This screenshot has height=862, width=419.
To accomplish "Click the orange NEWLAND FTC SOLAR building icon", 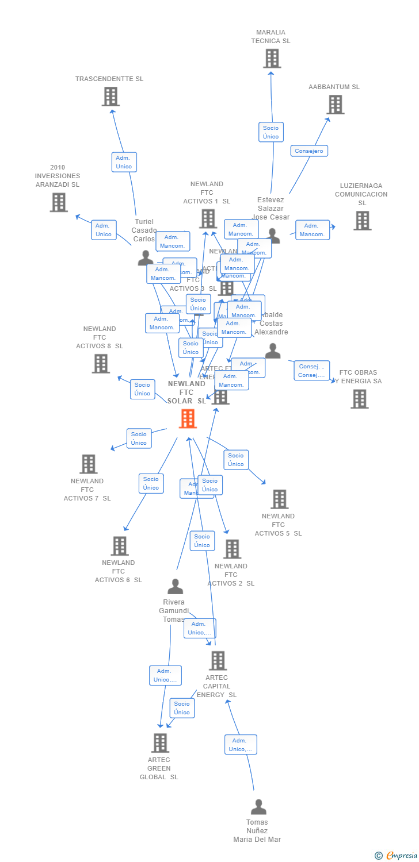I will pyautogui.click(x=188, y=418).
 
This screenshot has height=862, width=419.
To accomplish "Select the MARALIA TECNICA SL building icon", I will pyautogui.click(x=272, y=58).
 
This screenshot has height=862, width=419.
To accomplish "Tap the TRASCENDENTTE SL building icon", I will pyautogui.click(x=111, y=97).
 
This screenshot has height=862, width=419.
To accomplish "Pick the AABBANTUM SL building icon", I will pyautogui.click(x=335, y=105).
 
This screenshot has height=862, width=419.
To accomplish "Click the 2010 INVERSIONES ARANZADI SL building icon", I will pyautogui.click(x=58, y=202).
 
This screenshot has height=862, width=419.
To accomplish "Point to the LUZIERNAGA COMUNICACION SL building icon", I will pyautogui.click(x=362, y=220).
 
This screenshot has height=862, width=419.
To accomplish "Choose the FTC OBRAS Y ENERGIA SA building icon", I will pyautogui.click(x=359, y=399).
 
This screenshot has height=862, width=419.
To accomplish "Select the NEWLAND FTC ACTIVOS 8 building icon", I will pyautogui.click(x=101, y=363).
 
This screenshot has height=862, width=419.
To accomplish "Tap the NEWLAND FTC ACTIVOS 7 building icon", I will pyautogui.click(x=88, y=464).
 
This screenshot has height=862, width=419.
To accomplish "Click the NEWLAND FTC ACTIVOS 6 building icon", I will pyautogui.click(x=119, y=545).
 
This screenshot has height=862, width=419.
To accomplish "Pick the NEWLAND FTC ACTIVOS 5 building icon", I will pyautogui.click(x=279, y=499).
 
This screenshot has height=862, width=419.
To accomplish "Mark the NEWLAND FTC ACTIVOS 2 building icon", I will pyautogui.click(x=232, y=549).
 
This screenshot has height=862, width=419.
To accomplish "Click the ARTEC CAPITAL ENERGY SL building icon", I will pyautogui.click(x=218, y=661).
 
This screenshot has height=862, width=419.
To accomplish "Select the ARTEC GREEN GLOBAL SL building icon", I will pyautogui.click(x=160, y=742).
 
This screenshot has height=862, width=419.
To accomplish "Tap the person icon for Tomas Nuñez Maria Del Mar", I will pyautogui.click(x=258, y=807).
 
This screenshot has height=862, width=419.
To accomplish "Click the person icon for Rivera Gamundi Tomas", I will pyautogui.click(x=175, y=587).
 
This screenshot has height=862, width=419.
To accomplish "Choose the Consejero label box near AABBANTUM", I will pyautogui.click(x=309, y=151).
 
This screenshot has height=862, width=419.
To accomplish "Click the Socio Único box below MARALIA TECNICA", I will pyautogui.click(x=271, y=132).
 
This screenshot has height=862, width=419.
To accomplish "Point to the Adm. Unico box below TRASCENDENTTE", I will pyautogui.click(x=124, y=162).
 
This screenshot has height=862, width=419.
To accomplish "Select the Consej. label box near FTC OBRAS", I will pyautogui.click(x=311, y=371).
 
